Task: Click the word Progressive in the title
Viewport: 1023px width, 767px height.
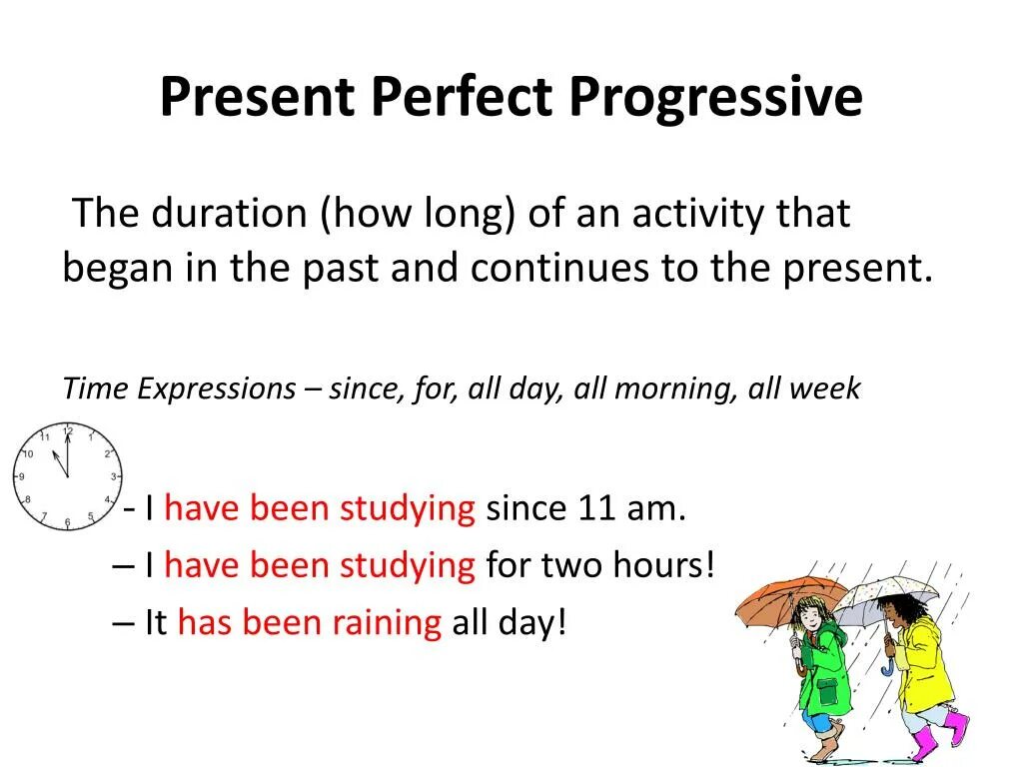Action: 715,98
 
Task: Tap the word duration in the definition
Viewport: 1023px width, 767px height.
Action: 229,213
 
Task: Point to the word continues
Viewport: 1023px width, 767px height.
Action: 559,268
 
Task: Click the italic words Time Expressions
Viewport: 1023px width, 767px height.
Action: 180,389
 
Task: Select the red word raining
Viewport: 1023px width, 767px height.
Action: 388,623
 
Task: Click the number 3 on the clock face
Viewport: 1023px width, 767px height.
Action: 113,476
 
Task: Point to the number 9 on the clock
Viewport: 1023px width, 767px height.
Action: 22,476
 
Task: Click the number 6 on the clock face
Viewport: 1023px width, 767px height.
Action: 67,522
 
